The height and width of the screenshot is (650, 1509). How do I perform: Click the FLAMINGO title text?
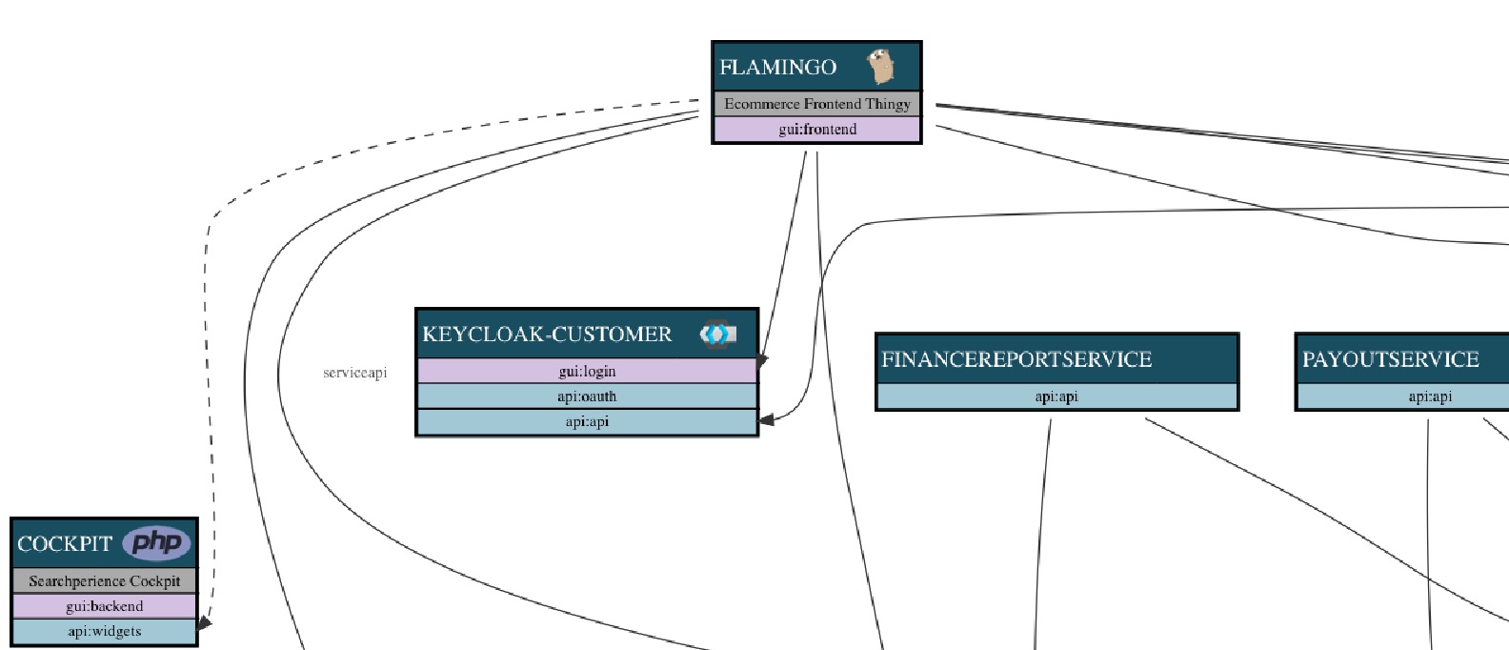click(777, 68)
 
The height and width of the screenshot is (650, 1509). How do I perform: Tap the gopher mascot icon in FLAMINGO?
click(882, 67)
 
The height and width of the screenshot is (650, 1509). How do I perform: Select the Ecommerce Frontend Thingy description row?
click(816, 104)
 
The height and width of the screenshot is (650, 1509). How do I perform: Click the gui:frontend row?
click(816, 130)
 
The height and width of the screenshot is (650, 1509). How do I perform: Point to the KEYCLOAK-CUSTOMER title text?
click(547, 335)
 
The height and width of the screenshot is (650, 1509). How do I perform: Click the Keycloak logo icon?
click(717, 335)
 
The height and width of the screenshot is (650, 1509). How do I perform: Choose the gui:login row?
click(587, 372)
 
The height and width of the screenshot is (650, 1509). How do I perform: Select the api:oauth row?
click(587, 396)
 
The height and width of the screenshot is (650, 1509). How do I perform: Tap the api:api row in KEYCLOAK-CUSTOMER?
click(587, 421)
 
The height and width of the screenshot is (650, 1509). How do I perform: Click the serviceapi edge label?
click(355, 373)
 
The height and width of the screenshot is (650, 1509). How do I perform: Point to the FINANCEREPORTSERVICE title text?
click(1016, 359)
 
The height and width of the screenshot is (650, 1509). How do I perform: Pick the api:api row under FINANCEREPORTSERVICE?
click(1056, 396)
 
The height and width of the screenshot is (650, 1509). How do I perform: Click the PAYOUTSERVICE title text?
click(1390, 359)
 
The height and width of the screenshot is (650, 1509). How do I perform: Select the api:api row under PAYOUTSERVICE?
click(1429, 396)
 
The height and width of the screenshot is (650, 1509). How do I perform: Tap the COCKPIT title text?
click(65, 544)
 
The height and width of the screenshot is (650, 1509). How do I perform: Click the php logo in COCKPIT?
click(156, 543)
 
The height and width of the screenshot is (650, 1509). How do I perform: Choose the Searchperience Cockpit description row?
click(104, 581)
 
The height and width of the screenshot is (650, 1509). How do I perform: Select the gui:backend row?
click(104, 606)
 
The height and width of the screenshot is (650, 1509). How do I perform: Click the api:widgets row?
click(104, 631)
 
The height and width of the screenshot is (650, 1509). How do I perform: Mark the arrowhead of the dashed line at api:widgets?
click(205, 624)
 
